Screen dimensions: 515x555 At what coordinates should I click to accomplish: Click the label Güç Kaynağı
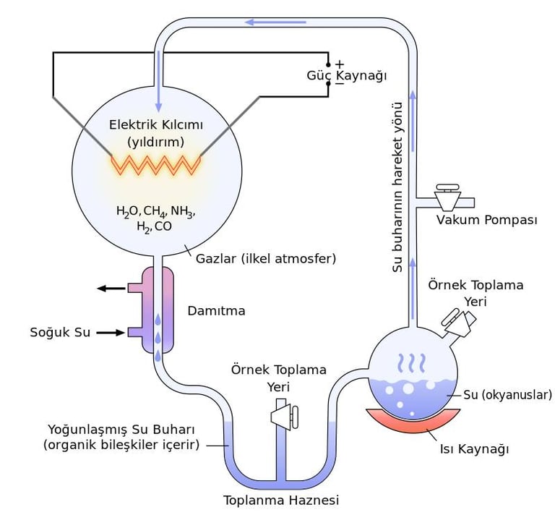click(x=346, y=75)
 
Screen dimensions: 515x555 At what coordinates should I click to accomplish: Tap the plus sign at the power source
click(x=339, y=64)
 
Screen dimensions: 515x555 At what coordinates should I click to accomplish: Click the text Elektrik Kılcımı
click(x=155, y=124)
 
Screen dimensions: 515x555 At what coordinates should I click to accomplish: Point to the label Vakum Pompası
click(x=486, y=220)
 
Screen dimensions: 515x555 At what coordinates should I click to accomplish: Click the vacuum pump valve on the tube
click(x=449, y=197)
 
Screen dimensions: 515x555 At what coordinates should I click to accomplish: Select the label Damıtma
click(x=216, y=311)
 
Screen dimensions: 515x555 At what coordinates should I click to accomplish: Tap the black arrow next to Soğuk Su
click(x=111, y=333)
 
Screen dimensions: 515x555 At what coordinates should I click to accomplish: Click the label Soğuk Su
click(x=60, y=333)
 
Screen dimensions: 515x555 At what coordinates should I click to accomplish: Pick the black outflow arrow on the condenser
click(x=112, y=289)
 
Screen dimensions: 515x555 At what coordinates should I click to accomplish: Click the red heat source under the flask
click(x=413, y=420)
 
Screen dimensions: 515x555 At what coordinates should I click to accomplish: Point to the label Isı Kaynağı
click(x=474, y=449)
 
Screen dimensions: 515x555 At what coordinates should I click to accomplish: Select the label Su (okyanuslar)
click(x=507, y=395)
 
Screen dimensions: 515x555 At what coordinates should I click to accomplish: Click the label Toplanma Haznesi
click(x=281, y=500)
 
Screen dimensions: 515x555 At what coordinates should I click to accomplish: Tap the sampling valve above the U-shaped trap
click(x=283, y=414)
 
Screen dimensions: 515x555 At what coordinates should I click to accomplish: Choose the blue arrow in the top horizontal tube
click(x=275, y=22)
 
